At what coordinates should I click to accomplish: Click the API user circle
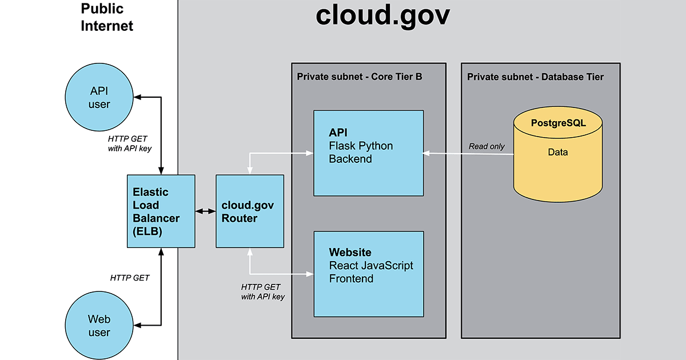(x=99, y=98)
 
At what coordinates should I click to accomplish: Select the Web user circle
(x=99, y=326)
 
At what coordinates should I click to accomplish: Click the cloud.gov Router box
(x=249, y=211)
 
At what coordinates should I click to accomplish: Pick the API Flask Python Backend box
(x=369, y=153)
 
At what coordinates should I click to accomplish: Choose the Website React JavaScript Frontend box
(x=369, y=274)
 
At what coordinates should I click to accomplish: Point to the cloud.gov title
(x=382, y=16)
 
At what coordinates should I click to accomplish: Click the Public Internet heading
(x=107, y=17)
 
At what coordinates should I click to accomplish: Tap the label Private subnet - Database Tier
(x=535, y=77)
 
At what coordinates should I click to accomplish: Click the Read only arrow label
(x=486, y=146)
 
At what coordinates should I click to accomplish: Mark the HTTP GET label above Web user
(x=130, y=278)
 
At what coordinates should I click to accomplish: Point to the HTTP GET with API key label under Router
(x=262, y=291)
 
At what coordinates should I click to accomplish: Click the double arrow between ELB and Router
(x=205, y=212)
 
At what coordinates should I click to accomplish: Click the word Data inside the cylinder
(x=557, y=153)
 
